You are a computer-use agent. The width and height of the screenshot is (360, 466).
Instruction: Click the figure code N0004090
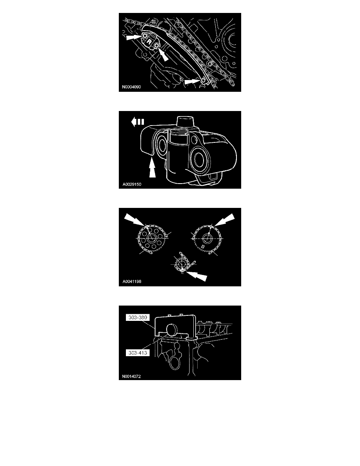(131, 87)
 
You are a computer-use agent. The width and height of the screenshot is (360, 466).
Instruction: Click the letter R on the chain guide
(149, 42)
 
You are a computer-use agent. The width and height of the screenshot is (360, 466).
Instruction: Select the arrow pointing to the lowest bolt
(193, 82)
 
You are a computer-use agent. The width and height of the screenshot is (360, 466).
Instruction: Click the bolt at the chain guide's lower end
(203, 81)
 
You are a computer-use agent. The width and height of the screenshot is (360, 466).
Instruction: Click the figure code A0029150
(132, 184)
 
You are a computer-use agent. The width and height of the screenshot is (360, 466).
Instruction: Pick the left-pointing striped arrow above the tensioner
(138, 122)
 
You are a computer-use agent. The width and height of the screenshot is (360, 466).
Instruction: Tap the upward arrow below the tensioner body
(152, 168)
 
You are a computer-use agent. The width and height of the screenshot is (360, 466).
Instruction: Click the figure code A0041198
(132, 281)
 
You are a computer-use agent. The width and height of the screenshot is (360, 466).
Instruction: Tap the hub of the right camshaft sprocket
(207, 237)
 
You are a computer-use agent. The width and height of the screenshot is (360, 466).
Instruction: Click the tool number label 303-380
(138, 317)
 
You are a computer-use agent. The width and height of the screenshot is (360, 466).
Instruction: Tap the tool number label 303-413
(138, 353)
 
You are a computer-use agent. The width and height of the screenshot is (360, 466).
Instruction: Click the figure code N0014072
(131, 376)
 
